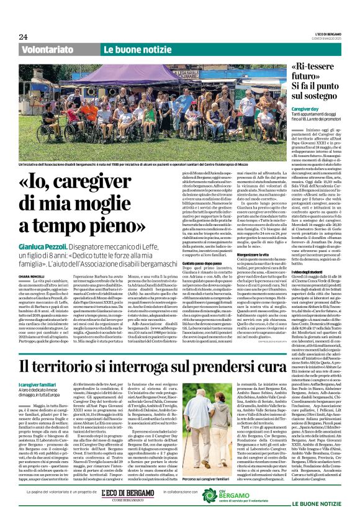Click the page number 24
coord(24,37)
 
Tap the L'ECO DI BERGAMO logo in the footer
coord(128,510)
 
